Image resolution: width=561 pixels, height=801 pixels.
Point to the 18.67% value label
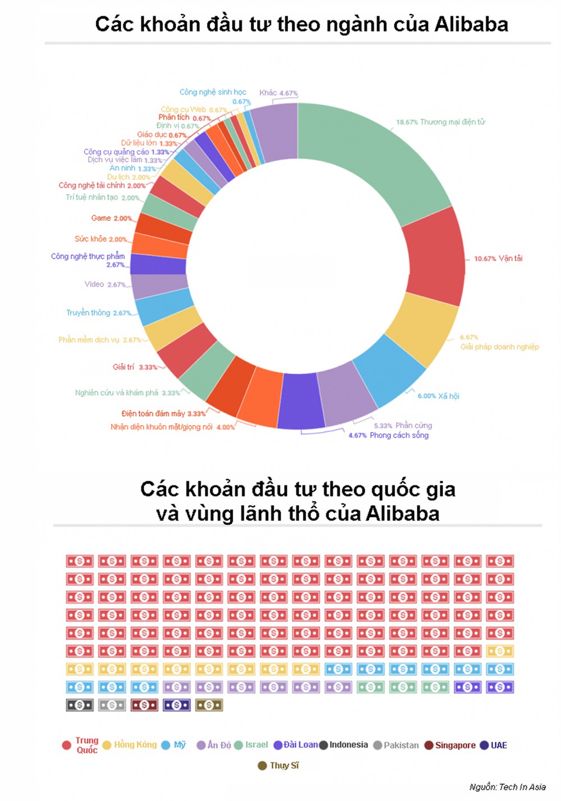coord(407,122)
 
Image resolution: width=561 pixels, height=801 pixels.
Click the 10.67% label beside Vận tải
coord(485,259)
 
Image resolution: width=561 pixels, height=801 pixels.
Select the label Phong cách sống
coord(399,435)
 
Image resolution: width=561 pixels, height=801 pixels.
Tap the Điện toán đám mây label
coord(153,413)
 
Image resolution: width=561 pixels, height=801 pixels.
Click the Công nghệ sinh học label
coord(213,92)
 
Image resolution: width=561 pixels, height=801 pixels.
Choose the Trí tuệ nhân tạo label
coord(91,197)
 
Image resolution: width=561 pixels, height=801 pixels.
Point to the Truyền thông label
coord(88,313)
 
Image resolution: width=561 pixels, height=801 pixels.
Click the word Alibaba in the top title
coord(471,24)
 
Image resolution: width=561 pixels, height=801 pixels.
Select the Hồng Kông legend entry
coord(135,745)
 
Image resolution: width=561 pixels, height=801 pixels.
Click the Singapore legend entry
coord(455,745)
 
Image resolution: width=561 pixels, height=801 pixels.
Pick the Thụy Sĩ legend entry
coord(284,766)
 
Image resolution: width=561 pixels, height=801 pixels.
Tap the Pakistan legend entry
coord(401,745)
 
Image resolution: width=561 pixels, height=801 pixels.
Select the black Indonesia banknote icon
coord(80,705)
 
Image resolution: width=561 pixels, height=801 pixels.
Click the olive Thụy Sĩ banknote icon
coord(209,705)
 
